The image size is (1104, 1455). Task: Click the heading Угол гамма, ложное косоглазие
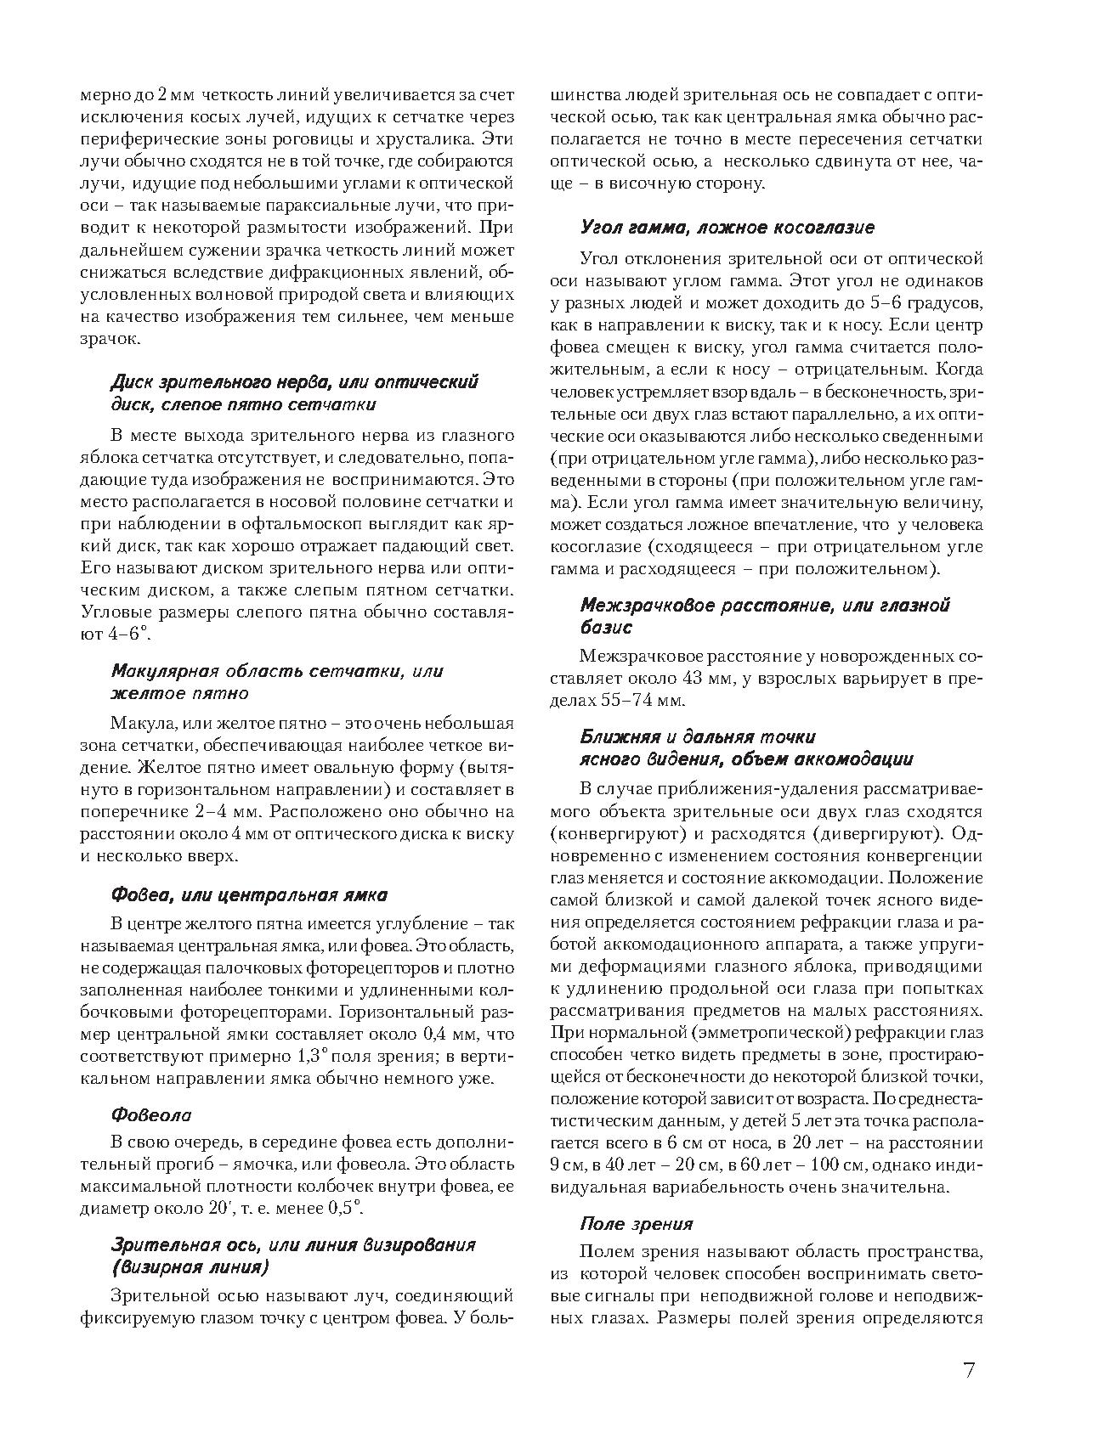coord(727,228)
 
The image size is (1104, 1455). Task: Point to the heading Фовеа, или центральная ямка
coord(249,894)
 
